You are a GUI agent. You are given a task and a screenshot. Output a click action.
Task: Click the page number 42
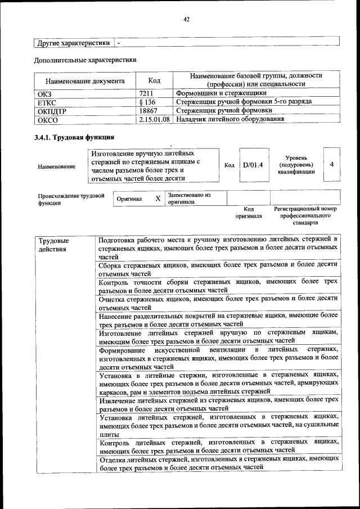tap(186, 19)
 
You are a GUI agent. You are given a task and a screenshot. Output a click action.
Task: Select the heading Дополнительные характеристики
tap(85, 59)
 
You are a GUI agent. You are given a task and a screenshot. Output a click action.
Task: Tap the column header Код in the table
tap(154, 80)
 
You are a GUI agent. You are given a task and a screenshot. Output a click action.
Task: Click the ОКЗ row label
tap(44, 93)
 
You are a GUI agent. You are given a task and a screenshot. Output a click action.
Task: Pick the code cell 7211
tap(147, 93)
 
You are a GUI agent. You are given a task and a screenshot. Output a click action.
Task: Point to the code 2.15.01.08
tap(155, 119)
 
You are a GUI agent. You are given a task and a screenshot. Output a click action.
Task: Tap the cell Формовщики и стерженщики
tap(221, 93)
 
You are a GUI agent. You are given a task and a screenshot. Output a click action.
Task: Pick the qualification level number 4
tap(332, 164)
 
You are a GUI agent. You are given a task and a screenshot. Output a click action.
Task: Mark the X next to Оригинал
tap(157, 199)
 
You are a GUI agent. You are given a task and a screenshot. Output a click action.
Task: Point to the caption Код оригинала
tap(249, 212)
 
